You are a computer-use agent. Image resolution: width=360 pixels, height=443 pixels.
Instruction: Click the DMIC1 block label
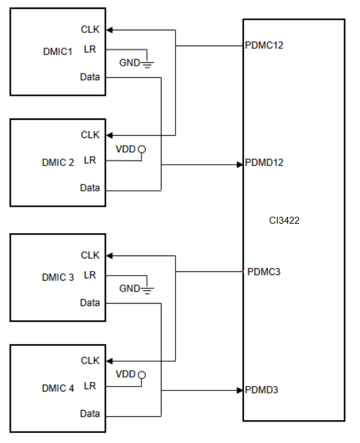click(x=58, y=52)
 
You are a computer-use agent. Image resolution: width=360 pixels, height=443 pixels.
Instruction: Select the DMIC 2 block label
click(x=58, y=162)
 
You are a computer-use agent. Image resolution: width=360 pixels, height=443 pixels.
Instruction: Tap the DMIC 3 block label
click(x=58, y=277)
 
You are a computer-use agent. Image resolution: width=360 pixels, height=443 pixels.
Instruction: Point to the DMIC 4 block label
click(x=58, y=388)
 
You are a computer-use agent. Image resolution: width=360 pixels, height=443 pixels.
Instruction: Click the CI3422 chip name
click(x=285, y=221)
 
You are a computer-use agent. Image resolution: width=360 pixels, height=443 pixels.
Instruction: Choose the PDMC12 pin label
click(x=264, y=45)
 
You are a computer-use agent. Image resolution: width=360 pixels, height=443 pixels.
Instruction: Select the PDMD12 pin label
click(x=264, y=162)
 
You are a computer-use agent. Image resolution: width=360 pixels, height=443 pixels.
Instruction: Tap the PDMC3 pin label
click(x=264, y=272)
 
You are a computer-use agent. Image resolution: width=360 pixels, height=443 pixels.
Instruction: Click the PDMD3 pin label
click(x=261, y=390)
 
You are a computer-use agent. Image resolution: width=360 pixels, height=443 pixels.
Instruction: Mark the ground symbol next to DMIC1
click(x=147, y=65)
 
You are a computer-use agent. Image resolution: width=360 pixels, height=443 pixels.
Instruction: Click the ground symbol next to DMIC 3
click(x=147, y=291)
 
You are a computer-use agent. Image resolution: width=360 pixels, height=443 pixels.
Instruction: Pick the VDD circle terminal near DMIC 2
click(x=142, y=149)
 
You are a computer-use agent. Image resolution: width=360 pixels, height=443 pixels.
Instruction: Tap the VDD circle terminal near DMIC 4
click(x=142, y=375)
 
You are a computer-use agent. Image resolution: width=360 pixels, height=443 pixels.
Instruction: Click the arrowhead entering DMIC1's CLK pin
click(x=110, y=30)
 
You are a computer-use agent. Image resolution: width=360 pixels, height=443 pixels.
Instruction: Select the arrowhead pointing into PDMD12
click(x=240, y=165)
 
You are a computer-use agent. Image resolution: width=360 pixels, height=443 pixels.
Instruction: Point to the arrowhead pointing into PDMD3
click(x=240, y=391)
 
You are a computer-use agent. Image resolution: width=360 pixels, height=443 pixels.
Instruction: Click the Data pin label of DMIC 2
click(x=90, y=188)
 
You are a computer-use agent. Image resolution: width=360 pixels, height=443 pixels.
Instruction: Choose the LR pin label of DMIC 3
click(x=90, y=275)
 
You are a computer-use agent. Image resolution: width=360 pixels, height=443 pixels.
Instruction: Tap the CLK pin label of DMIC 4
click(x=90, y=361)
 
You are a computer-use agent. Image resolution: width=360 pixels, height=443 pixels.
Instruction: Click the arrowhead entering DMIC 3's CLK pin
click(x=110, y=256)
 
